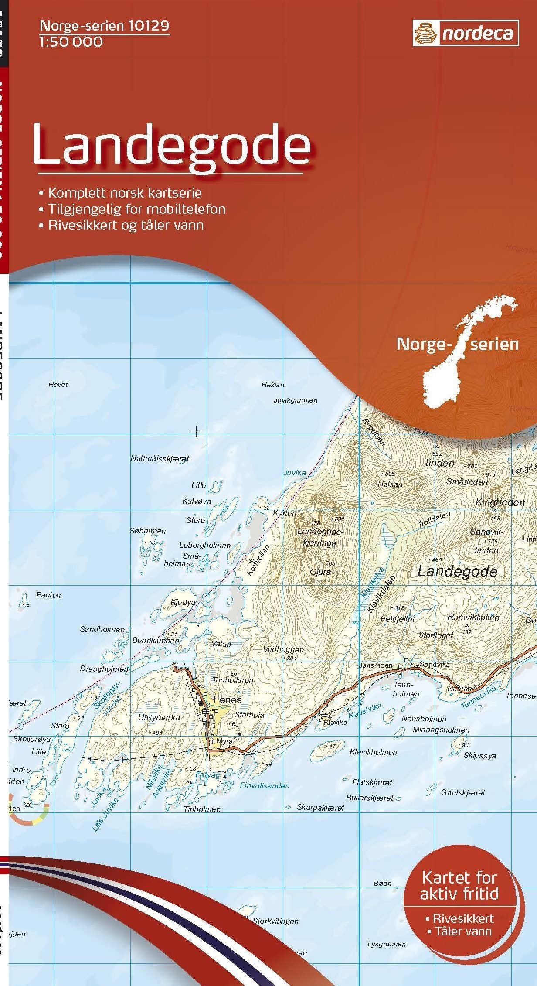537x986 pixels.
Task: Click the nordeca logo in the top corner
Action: pyautogui.click(x=466, y=33)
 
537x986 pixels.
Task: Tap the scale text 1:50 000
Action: pyautogui.click(x=71, y=42)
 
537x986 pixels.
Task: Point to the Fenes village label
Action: pyautogui.click(x=228, y=699)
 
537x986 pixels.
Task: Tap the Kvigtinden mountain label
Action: pyautogui.click(x=500, y=502)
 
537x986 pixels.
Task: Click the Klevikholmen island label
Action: pyautogui.click(x=374, y=752)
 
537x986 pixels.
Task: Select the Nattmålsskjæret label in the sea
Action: pyautogui.click(x=160, y=458)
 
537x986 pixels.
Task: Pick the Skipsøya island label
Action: pyautogui.click(x=479, y=755)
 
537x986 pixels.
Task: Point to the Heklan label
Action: pyautogui.click(x=273, y=385)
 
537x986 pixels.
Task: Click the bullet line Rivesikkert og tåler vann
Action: pyautogui.click(x=126, y=225)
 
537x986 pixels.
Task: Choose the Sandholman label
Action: pyautogui.click(x=102, y=629)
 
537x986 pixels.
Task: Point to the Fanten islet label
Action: pyautogui.click(x=49, y=595)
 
